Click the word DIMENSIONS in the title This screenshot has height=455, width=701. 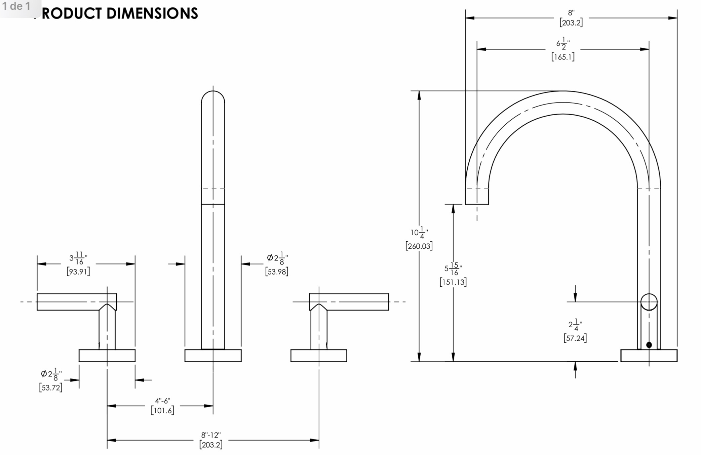tap(152, 13)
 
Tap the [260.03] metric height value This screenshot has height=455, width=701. tap(419, 246)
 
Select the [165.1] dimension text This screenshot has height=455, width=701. tap(563, 57)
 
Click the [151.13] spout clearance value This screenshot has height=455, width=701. tap(453, 282)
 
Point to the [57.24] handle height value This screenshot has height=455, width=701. tap(575, 338)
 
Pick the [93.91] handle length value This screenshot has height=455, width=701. tap(78, 272)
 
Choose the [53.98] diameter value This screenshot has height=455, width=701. tap(277, 272)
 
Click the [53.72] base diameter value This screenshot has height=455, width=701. tap(51, 387)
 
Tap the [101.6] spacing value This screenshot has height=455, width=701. tap(162, 410)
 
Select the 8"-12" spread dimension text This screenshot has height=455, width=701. tap(211, 435)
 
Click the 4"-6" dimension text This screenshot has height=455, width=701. tap(162, 401)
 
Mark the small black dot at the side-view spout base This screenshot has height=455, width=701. tap(649, 345)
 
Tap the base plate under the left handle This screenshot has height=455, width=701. tap(107, 356)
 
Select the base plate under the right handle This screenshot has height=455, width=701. tap(319, 356)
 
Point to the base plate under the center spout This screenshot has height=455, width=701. tap(213, 356)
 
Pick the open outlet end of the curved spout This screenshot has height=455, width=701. tap(477, 204)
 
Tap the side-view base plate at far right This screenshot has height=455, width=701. tap(649, 356)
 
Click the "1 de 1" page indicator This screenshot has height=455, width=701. tap(16, 6)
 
